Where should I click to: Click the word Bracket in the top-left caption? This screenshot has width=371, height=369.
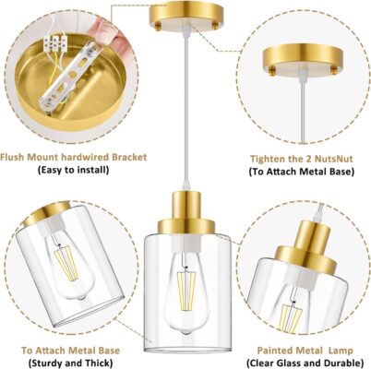pos(129,157)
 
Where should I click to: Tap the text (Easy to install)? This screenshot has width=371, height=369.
pos(73,170)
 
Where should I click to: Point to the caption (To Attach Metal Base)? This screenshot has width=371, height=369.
pos(302,172)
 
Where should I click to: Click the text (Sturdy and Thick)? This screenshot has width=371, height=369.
pos(70,363)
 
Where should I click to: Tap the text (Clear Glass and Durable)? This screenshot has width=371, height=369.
pos(305,363)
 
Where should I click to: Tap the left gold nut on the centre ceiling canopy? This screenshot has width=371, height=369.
pos(158,27)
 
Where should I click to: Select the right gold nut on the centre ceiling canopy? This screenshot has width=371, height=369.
pos(215,27)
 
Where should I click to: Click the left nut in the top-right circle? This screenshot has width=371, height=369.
pos(272,71)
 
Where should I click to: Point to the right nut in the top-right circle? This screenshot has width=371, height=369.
pos(334,71)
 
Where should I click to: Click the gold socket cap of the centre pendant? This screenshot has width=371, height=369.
pos(186,212)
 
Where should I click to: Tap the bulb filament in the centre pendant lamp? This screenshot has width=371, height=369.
pos(186,285)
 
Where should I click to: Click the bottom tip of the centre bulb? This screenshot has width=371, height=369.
pos(185,333)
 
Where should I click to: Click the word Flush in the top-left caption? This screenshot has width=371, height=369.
pos(12,157)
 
